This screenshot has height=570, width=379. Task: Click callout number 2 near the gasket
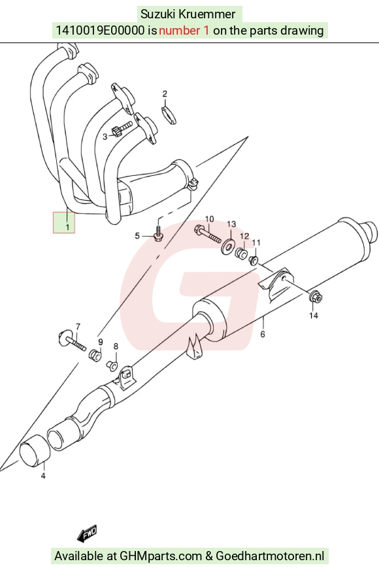[x=165, y=93]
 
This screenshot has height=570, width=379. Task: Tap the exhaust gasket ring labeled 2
[x=169, y=114]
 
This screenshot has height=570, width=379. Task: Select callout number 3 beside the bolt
[x=105, y=137]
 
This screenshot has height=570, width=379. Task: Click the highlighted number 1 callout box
[x=64, y=222]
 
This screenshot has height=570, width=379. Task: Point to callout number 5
[x=137, y=236]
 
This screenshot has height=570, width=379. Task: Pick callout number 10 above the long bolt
[x=209, y=219]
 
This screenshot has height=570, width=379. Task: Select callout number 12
[x=244, y=236]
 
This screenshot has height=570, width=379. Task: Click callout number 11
[x=256, y=243]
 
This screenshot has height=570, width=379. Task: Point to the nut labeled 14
[x=315, y=297]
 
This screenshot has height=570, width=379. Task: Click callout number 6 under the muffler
[x=263, y=334]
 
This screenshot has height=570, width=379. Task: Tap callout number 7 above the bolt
[x=78, y=327]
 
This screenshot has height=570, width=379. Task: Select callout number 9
[x=100, y=342]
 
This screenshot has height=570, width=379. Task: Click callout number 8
[x=116, y=346]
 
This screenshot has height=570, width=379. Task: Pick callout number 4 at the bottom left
[x=43, y=475]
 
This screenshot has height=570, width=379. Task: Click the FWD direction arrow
[x=87, y=533]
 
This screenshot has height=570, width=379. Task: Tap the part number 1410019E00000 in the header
[x=100, y=30]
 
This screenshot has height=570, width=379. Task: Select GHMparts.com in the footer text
[x=161, y=556]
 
